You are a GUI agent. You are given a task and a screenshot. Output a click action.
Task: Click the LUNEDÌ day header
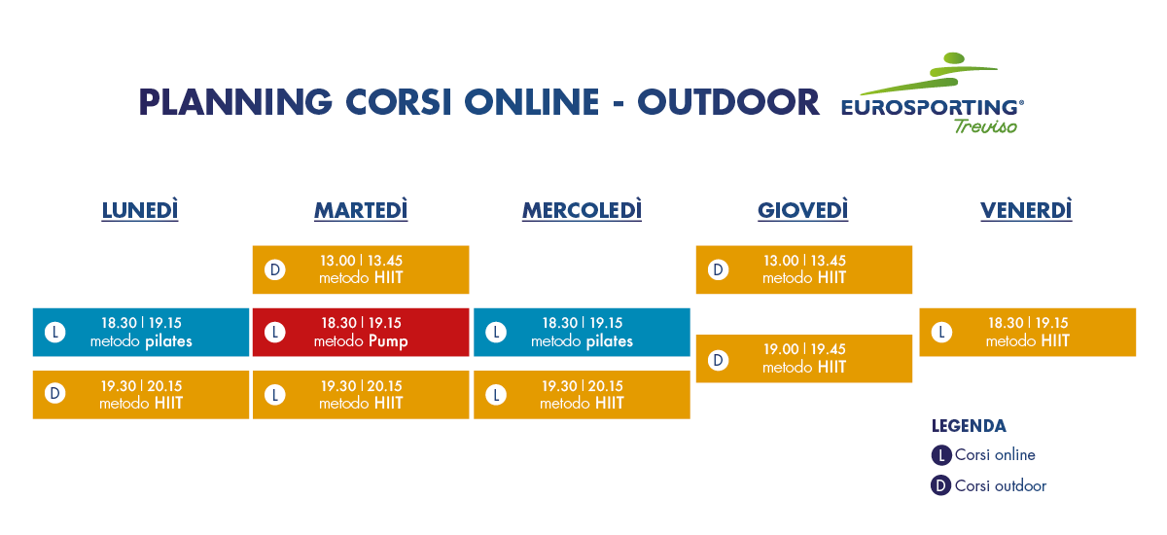tap(140, 210)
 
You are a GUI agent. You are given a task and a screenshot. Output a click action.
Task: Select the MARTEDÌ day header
tap(361, 210)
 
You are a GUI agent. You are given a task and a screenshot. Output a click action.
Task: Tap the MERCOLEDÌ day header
tap(582, 210)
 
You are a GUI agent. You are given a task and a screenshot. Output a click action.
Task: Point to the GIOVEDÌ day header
tap(803, 210)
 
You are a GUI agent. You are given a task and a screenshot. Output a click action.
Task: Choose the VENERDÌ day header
tap(1026, 210)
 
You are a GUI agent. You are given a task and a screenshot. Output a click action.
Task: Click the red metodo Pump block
tap(361, 333)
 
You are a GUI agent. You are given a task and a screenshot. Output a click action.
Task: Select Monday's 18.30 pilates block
tap(141, 333)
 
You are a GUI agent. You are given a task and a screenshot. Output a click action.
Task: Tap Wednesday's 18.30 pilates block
tap(582, 333)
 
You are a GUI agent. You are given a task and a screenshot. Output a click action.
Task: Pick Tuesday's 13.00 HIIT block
tap(361, 269)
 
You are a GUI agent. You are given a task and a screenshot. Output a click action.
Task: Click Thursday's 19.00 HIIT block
tap(804, 359)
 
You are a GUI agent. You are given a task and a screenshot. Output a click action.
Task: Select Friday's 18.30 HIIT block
tap(1027, 333)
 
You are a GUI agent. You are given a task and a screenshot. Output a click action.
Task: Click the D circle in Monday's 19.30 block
tap(54, 393)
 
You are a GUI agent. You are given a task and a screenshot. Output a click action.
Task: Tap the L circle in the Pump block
tap(275, 333)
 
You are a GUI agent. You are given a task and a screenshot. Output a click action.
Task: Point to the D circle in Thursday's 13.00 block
tap(718, 269)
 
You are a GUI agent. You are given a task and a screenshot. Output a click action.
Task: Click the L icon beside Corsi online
tap(941, 455)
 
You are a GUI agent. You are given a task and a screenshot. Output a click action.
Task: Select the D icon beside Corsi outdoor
tap(941, 485)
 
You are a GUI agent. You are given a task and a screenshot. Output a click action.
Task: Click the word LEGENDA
tap(969, 426)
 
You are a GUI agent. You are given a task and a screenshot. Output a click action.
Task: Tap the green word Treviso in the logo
tap(985, 126)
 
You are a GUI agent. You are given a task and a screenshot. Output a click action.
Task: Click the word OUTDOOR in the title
tap(728, 102)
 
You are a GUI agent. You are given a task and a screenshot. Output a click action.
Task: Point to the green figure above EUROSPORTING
tap(933, 73)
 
